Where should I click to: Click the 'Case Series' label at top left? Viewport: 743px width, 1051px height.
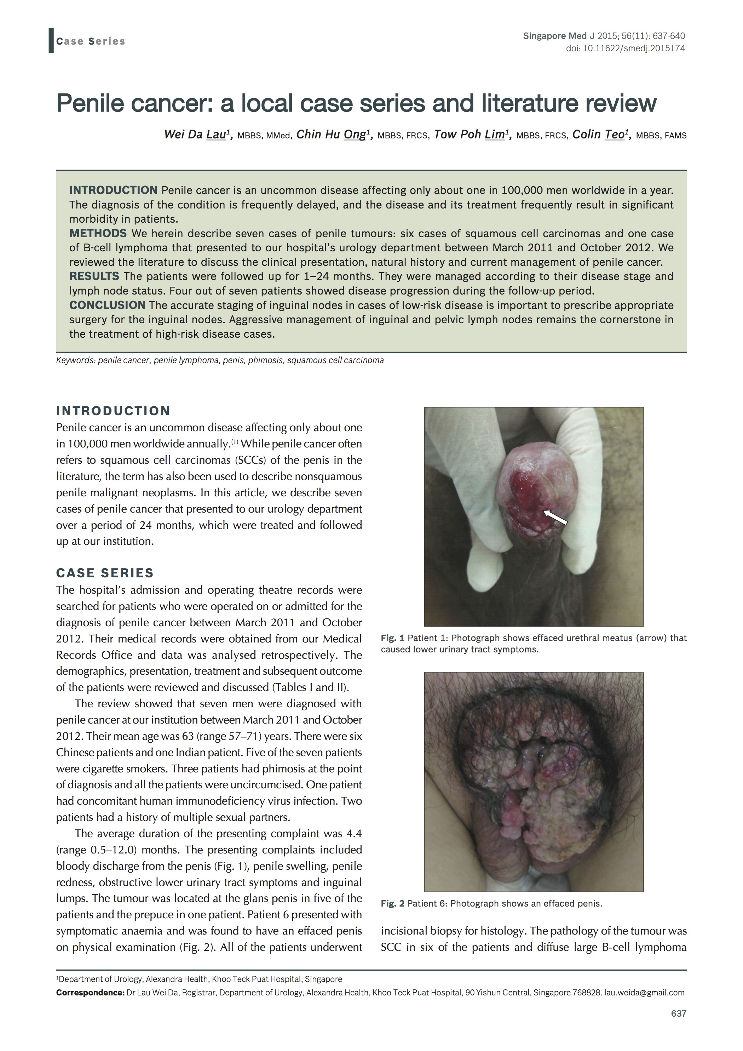click(x=90, y=41)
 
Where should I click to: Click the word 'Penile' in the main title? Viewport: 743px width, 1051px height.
click(x=90, y=103)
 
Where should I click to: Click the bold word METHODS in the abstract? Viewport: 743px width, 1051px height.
click(x=98, y=233)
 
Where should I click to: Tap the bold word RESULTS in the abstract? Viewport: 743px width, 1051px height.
click(x=94, y=276)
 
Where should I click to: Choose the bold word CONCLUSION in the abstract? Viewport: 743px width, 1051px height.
click(x=107, y=305)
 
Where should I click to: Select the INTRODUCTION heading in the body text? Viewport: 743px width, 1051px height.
click(x=113, y=411)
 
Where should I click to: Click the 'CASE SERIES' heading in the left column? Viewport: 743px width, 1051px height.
click(x=105, y=573)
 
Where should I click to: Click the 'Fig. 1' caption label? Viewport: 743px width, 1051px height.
click(x=392, y=638)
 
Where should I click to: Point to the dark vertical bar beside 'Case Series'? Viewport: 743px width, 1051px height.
click(x=51, y=41)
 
